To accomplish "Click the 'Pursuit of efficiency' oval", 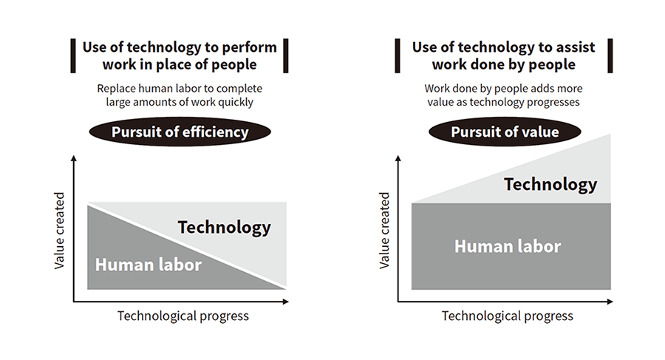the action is (x=180, y=132).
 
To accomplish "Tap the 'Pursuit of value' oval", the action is (x=505, y=132).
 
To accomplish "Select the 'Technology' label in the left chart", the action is (x=224, y=228).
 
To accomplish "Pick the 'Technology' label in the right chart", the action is (x=550, y=185).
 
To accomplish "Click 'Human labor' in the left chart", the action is (x=148, y=265).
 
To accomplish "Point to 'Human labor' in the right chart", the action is (x=508, y=246).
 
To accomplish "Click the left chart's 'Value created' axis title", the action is (x=59, y=231).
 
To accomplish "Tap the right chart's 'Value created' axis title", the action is (x=384, y=231).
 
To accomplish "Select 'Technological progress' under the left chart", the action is (x=183, y=316).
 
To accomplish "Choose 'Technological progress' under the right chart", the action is (x=507, y=316).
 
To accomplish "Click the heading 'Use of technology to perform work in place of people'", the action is (x=180, y=55).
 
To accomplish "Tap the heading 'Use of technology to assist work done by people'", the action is (x=503, y=55).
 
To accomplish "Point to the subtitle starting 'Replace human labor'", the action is (x=180, y=95).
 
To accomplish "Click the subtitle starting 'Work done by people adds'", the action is (x=503, y=95).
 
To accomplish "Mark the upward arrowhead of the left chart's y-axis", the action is (x=74, y=158).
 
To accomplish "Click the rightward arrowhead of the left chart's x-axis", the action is (x=285, y=302).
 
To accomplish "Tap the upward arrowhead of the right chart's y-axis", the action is (x=398, y=158).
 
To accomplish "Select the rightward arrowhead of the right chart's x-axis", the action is (x=610, y=302).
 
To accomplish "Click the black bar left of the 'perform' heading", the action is (x=73, y=55).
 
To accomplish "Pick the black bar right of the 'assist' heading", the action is (x=610, y=55).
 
